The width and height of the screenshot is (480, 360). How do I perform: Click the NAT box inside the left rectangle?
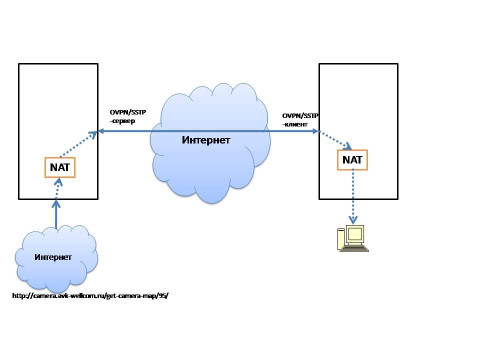pos(60,167)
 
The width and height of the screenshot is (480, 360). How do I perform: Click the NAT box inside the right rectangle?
pos(352,160)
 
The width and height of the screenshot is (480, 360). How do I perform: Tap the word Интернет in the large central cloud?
pos(206,140)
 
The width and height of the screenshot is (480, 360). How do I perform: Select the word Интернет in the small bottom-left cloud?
pos(53,257)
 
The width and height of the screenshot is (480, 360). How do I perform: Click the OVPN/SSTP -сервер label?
pos(127,116)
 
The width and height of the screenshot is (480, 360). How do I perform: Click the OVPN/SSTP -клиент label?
pos(300,119)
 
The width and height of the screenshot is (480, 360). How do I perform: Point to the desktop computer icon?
pos(353,238)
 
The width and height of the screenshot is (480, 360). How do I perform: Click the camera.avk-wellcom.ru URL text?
pos(90,295)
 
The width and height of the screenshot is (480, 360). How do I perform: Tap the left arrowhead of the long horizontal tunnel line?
pos(101,131)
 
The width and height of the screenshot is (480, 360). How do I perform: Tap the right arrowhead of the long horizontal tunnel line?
pos(315,131)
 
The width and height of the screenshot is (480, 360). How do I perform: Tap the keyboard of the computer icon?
pos(355,248)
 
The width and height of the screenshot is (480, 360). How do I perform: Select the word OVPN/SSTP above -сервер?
pos(127,112)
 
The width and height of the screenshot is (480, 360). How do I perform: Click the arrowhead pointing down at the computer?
pos(353,220)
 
